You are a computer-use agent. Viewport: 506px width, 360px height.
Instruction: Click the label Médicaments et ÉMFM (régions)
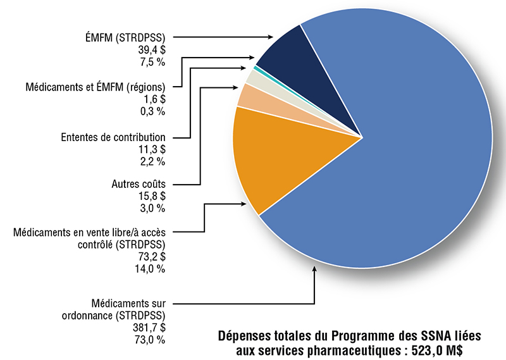pos(96,87)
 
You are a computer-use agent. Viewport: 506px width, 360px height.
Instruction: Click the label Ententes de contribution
pos(113,137)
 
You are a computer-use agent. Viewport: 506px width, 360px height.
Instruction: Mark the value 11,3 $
pos(153,149)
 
